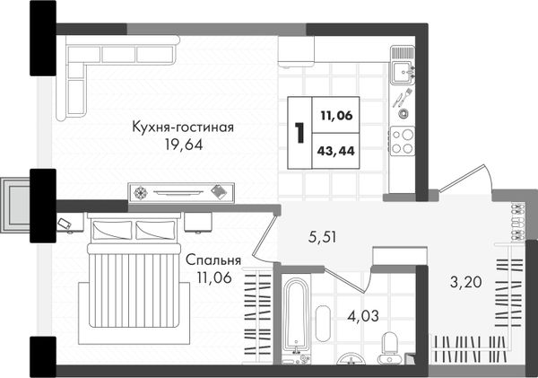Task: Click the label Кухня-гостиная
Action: [183, 127]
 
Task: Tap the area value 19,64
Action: [184, 145]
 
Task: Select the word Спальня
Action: [213, 260]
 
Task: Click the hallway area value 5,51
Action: [322, 237]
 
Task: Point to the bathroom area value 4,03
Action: [363, 315]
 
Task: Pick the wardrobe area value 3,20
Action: [466, 282]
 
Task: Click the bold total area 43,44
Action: [336, 151]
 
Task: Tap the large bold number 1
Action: [299, 133]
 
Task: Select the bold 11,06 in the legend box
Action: [336, 116]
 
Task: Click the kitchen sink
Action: [403, 72]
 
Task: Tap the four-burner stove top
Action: [402, 141]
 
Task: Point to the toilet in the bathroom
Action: [390, 347]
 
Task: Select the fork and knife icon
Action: [402, 98]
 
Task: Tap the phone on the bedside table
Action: [65, 224]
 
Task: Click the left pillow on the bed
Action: [112, 230]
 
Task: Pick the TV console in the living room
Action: [181, 192]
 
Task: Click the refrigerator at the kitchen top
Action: [297, 51]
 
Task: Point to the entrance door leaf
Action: [462, 178]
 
